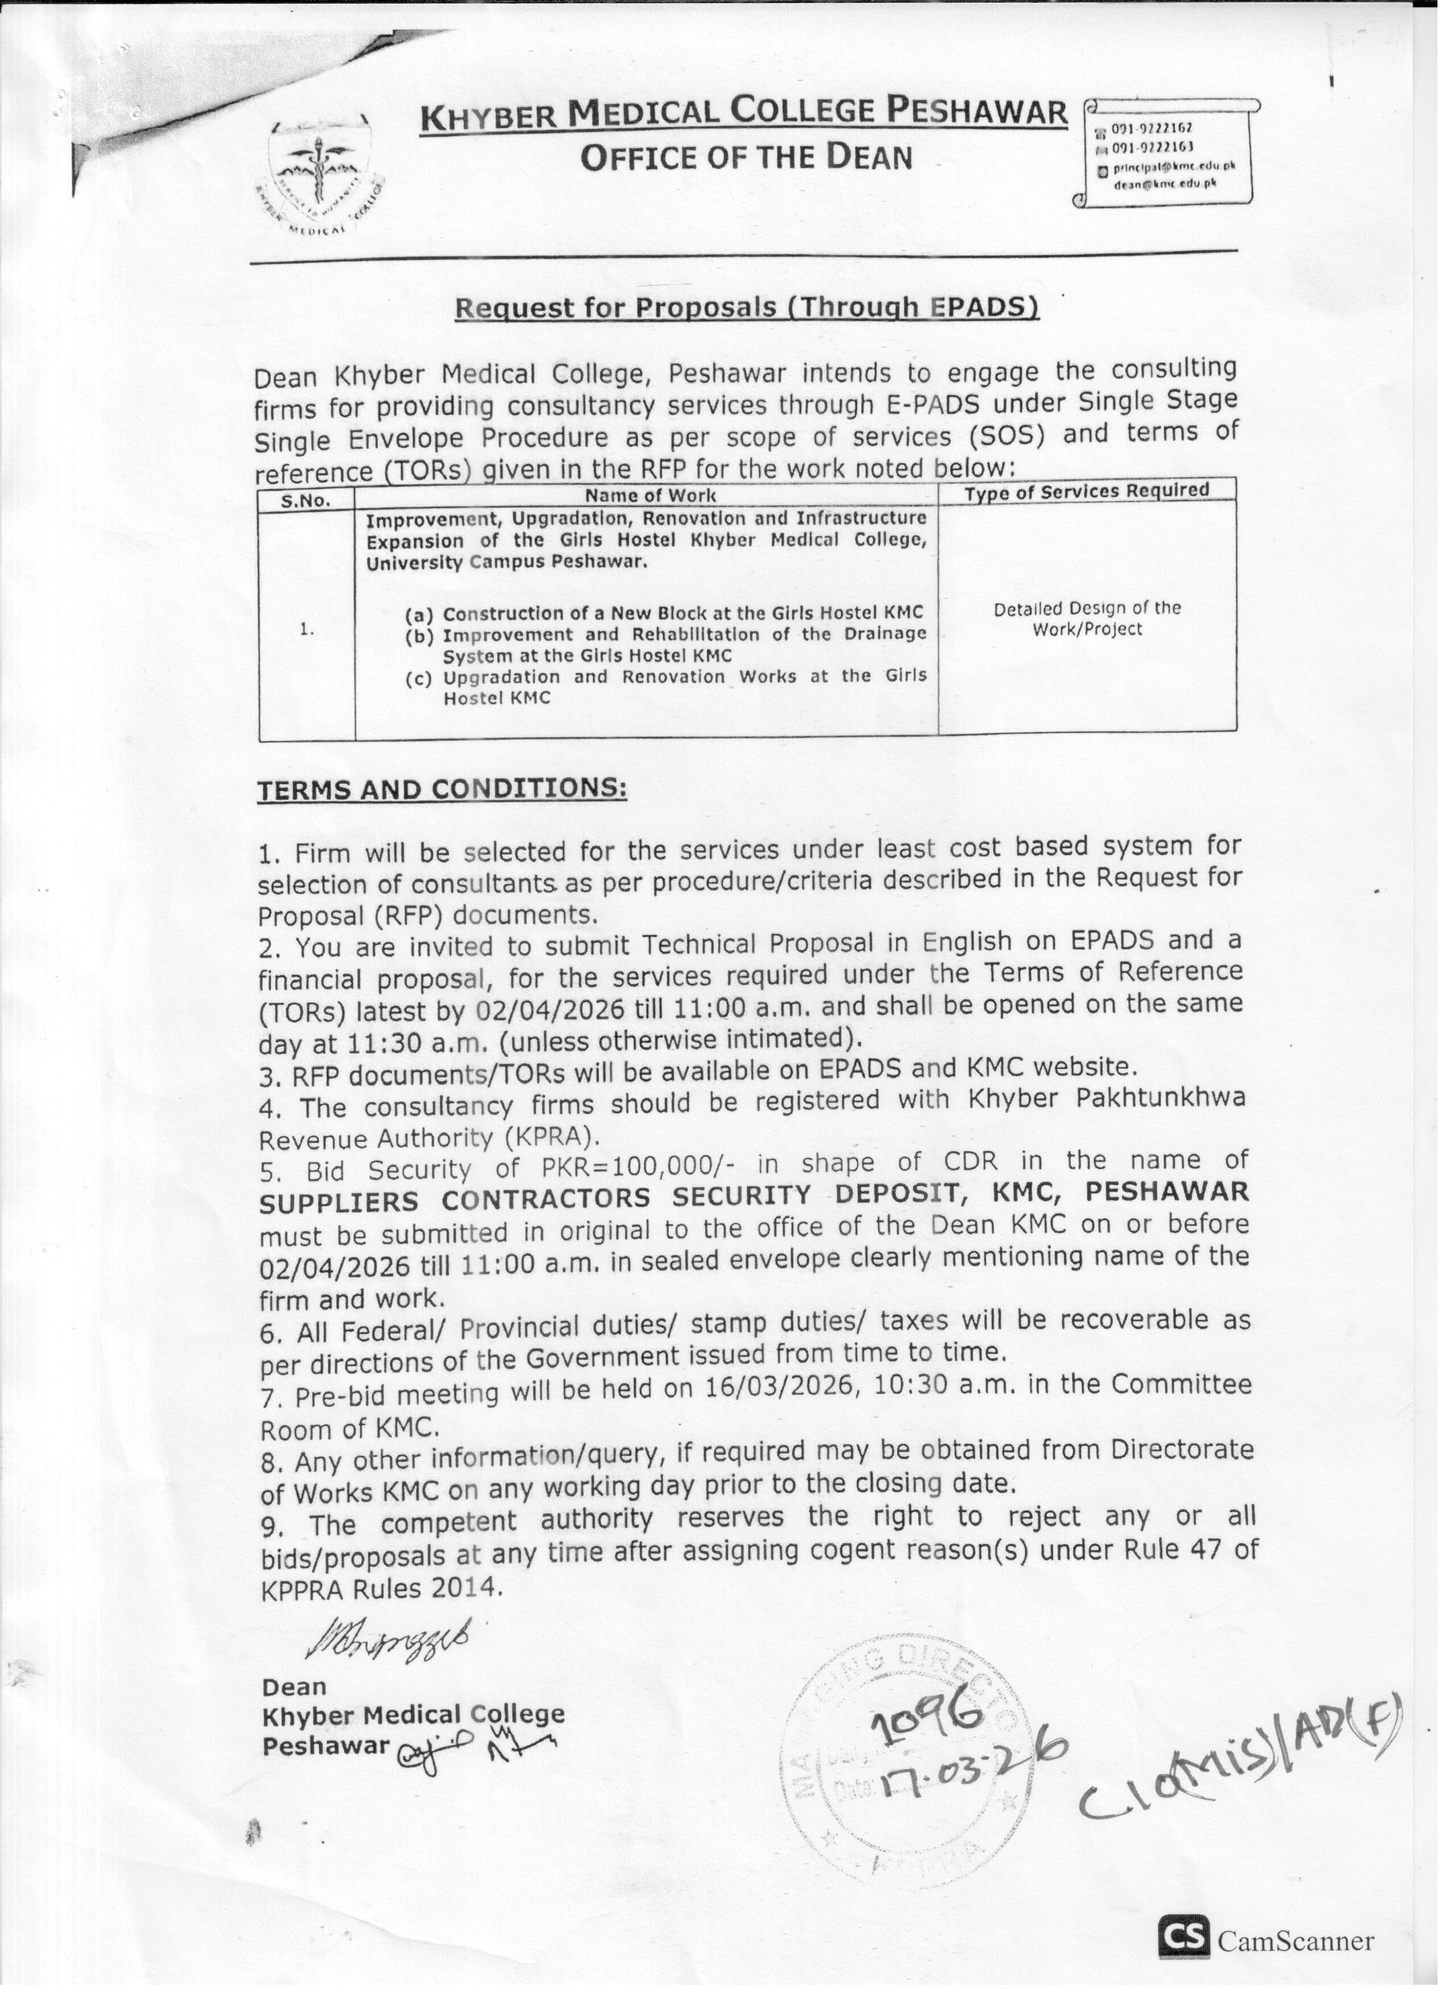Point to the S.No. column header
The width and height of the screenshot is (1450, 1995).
coord(306,501)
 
